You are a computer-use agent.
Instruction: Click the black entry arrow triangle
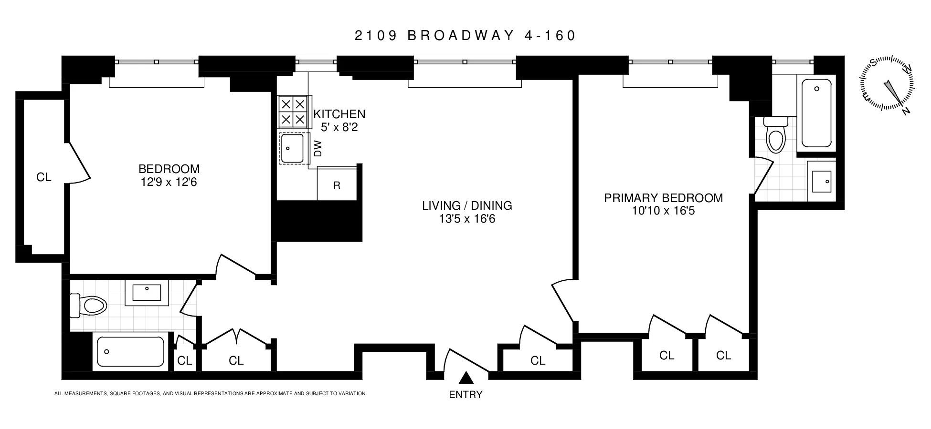(466, 378)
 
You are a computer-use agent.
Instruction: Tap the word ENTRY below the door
(465, 395)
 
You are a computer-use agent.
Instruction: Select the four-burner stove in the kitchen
(293, 112)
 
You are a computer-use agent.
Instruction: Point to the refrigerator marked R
(337, 185)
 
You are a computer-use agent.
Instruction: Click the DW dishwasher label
(318, 148)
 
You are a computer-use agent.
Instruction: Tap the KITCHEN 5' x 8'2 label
(339, 121)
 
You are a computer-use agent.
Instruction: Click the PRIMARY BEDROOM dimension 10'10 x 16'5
(663, 211)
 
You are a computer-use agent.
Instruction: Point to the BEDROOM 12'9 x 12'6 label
(169, 175)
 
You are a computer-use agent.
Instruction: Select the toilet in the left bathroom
(89, 306)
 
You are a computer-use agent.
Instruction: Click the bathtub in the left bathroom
(130, 352)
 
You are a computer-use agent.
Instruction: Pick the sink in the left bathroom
(147, 293)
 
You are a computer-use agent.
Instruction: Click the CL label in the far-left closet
(43, 177)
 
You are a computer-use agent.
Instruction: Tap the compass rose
(889, 85)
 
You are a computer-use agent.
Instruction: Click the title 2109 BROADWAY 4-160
(465, 36)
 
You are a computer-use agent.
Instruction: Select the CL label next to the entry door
(538, 361)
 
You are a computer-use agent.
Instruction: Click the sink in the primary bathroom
(821, 182)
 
